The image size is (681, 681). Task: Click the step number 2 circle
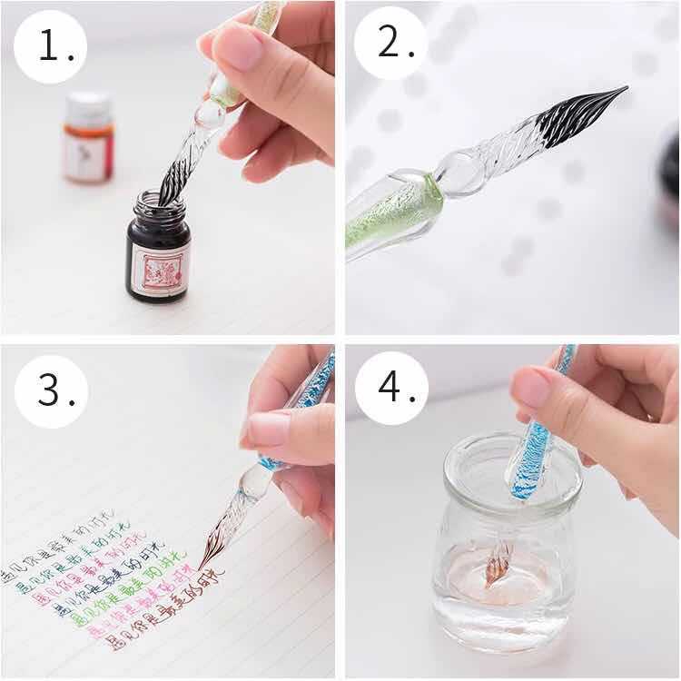[390, 43]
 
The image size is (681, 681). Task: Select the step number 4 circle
[391, 388]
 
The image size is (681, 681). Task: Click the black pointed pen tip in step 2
[581, 115]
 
